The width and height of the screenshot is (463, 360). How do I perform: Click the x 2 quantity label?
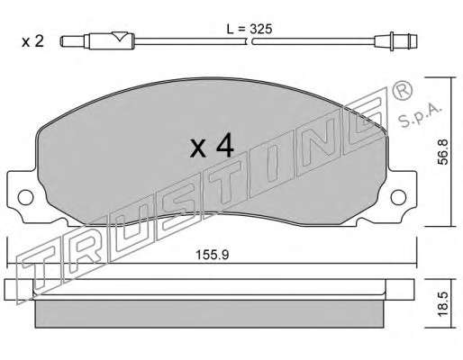click(33, 41)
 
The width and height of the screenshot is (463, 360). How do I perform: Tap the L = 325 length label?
click(250, 29)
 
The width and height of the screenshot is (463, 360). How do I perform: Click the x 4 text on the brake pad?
click(212, 146)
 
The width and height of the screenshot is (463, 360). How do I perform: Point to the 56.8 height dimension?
click(442, 151)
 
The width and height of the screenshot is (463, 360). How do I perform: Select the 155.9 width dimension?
click(213, 255)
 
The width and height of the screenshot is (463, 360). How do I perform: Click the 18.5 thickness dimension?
click(442, 303)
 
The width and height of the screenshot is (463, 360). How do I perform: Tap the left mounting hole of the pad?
click(25, 197)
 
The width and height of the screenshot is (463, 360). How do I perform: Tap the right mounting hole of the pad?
click(398, 197)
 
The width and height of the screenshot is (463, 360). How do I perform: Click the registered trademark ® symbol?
click(403, 90)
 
